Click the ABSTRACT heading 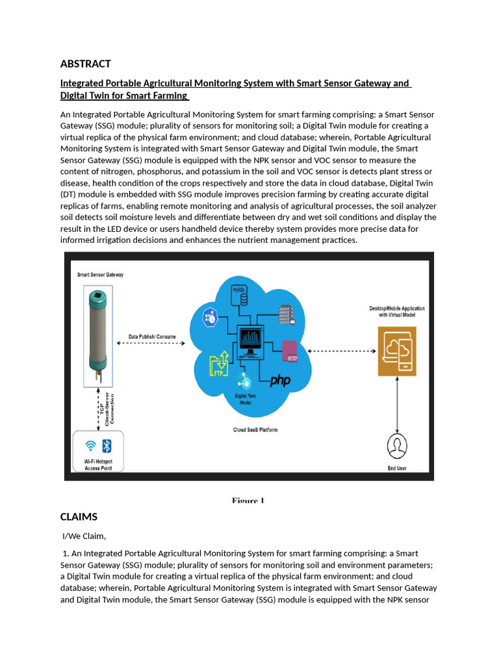tap(85, 64)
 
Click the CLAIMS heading tap(79, 516)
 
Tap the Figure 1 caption tap(248, 500)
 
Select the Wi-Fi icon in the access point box tap(90, 445)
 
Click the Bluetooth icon tap(107, 445)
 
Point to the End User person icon tap(396, 447)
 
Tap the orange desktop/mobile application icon tap(397, 351)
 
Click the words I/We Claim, tap(84, 536)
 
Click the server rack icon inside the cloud tap(286, 314)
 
